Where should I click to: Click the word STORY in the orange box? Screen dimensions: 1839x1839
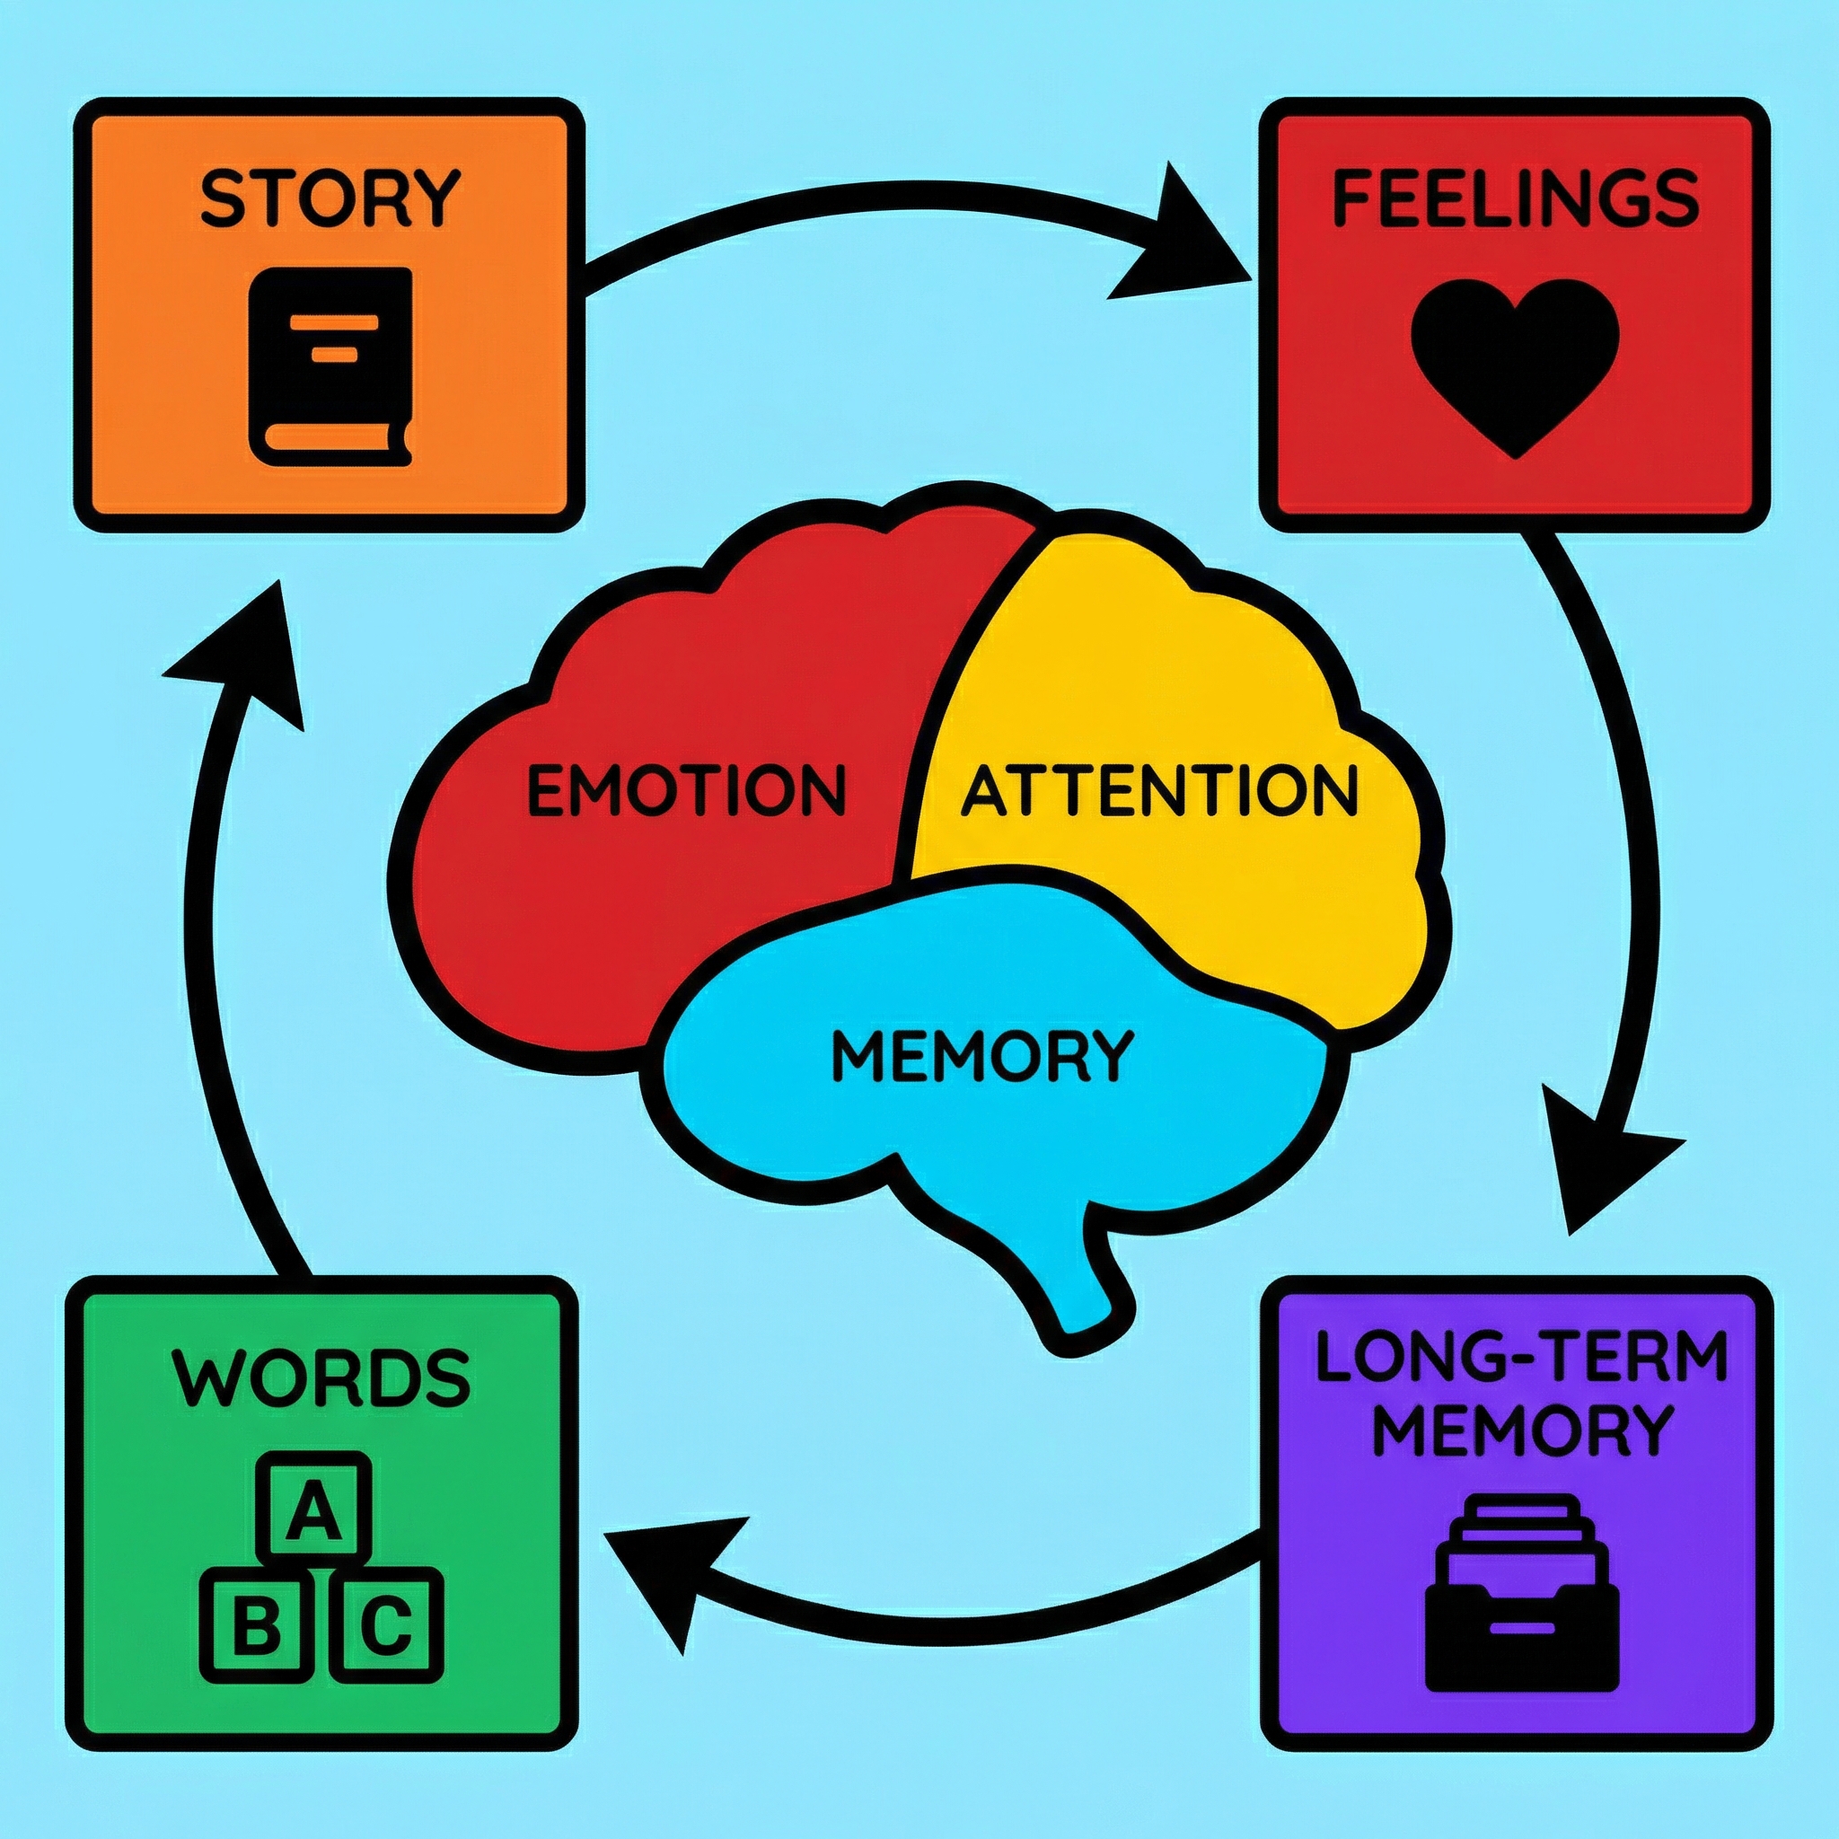tap(330, 198)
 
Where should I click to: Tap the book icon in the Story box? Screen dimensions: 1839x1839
tap(330, 366)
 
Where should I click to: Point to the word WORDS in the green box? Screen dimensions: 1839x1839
tap(321, 1378)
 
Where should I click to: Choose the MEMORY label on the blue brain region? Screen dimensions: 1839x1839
tap(983, 1057)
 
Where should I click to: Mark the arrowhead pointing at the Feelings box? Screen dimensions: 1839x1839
tap(1180, 242)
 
